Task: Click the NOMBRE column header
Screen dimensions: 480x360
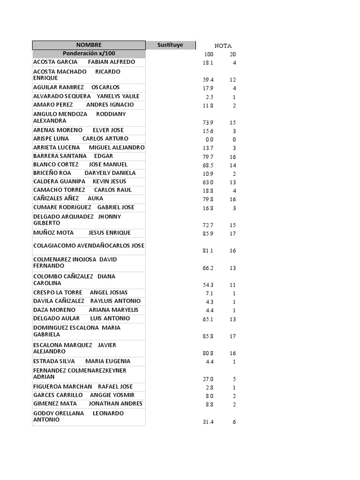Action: (x=89, y=45)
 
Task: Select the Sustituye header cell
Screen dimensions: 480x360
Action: (x=170, y=45)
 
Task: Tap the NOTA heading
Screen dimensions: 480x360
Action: (x=223, y=46)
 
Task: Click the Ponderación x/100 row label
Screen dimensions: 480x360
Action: (x=89, y=53)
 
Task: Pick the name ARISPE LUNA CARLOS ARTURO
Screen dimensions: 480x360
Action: (x=81, y=139)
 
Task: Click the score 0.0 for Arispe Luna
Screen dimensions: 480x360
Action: (x=209, y=140)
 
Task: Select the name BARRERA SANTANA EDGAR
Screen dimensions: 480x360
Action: (x=73, y=156)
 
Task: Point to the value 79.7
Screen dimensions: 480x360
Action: (x=208, y=157)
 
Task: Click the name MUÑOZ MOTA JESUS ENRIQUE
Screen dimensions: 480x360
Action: (x=82, y=233)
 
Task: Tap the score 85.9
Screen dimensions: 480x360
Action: (x=208, y=234)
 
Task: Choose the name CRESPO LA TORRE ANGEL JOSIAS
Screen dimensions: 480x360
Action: (x=81, y=292)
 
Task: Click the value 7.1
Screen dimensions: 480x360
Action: (x=209, y=293)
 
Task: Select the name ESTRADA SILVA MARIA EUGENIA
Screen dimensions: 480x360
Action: (x=82, y=361)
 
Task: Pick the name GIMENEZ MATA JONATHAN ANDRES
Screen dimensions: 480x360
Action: (x=88, y=404)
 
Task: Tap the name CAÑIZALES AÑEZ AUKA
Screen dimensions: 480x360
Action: (x=68, y=199)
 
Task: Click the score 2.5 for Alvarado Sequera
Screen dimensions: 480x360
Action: (x=209, y=97)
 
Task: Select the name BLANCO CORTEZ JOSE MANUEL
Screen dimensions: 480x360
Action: (x=81, y=165)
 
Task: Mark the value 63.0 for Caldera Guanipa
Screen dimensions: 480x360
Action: (x=208, y=182)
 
